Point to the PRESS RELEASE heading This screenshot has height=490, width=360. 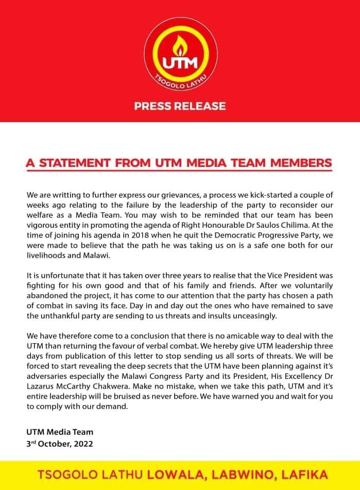point(180,106)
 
